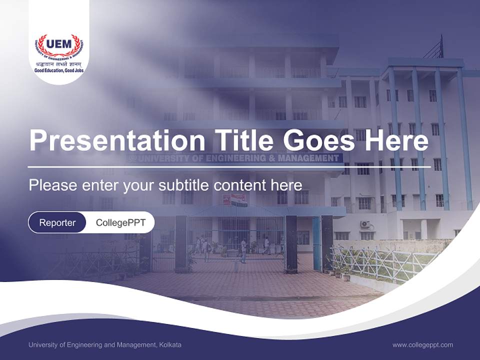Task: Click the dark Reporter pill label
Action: (57, 222)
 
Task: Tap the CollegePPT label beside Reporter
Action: (120, 222)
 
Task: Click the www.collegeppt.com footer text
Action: (422, 344)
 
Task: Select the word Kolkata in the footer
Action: (170, 344)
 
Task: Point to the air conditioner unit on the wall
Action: (365, 224)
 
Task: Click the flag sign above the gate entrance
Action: (238, 199)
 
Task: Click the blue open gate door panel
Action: (317, 243)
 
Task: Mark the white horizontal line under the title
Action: (229, 166)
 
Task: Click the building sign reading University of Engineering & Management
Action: (235, 158)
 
